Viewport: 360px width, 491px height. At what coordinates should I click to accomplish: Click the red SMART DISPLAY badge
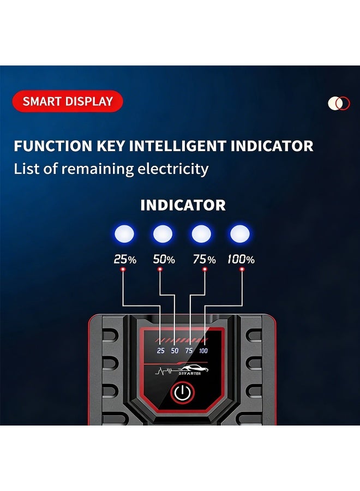click(x=68, y=101)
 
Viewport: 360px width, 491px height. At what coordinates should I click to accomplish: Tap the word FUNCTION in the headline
click(x=53, y=146)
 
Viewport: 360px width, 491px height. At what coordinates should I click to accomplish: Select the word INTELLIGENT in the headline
click(x=177, y=146)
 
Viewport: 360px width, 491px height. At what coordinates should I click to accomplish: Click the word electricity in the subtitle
click(x=173, y=169)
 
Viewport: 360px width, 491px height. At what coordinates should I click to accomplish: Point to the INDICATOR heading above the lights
click(x=183, y=205)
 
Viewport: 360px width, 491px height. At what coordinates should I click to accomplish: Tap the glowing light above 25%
click(x=124, y=233)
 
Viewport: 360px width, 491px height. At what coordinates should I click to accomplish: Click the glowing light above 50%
click(x=163, y=233)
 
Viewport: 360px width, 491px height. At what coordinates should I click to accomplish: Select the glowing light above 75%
click(x=201, y=233)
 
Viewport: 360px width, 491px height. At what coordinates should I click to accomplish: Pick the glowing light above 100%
click(x=240, y=233)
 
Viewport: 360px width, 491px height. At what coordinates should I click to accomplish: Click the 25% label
click(x=125, y=259)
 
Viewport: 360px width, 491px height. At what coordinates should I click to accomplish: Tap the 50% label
click(x=164, y=259)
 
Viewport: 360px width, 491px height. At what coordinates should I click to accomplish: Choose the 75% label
click(x=204, y=259)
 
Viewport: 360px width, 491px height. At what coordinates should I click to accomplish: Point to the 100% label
click(x=241, y=259)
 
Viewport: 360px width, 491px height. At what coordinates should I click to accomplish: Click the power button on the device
click(x=183, y=392)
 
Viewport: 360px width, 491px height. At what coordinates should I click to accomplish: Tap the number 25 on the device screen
click(x=160, y=351)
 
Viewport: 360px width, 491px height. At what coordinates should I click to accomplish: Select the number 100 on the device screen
click(x=203, y=351)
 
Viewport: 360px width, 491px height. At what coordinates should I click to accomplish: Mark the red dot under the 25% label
click(x=123, y=270)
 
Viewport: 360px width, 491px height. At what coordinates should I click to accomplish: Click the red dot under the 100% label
click(x=242, y=270)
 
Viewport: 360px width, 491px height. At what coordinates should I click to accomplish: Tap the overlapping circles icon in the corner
click(x=339, y=103)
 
